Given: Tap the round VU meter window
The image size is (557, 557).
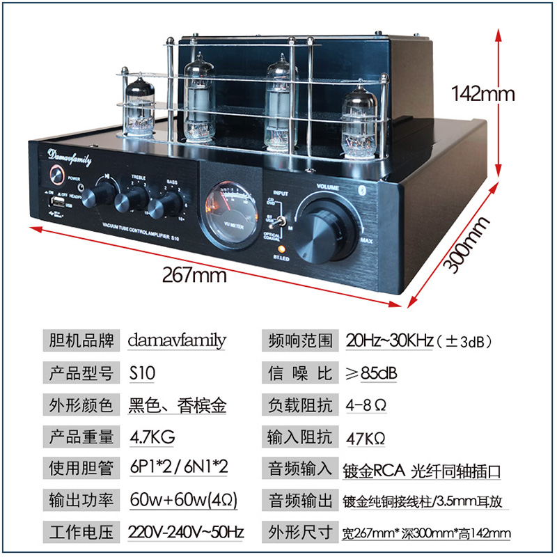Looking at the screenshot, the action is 226,212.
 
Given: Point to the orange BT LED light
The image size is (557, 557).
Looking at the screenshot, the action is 281,249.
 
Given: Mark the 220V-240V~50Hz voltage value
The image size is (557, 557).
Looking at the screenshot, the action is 186,533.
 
